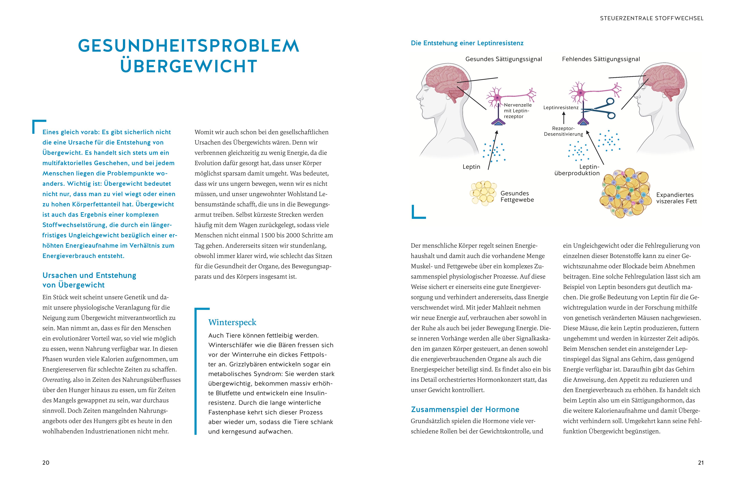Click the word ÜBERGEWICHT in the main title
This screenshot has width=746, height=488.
point(189,66)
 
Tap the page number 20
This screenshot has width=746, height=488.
point(46,463)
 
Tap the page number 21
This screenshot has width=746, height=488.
point(701,463)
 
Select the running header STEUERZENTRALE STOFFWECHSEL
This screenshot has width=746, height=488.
point(652,18)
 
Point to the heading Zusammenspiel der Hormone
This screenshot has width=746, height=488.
point(465,409)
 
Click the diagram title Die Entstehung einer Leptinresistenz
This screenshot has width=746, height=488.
point(467,43)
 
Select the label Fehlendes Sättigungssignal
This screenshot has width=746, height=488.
point(601,59)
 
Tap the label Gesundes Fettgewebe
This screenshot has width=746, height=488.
point(517,197)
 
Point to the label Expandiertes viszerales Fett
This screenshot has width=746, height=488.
point(676,198)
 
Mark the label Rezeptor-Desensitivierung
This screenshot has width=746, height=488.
point(563,131)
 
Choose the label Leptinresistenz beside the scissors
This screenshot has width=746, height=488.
point(561,108)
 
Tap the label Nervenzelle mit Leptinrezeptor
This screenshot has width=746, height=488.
point(517,111)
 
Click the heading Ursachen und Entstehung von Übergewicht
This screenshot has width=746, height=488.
point(89,280)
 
